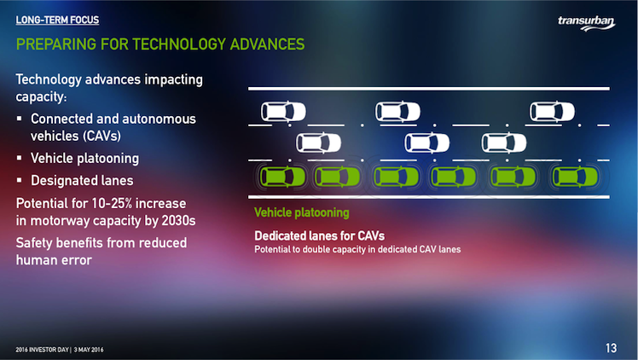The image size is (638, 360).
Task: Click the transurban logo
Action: pyautogui.click(x=586, y=23)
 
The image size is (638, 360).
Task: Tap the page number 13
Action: pyautogui.click(x=612, y=348)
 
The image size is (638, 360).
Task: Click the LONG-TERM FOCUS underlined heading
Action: pyautogui.click(x=57, y=20)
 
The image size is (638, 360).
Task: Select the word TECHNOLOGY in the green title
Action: pyautogui.click(x=178, y=44)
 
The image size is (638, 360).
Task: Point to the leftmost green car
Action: pyautogui.click(x=283, y=177)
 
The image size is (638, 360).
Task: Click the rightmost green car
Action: pyautogui.click(x=576, y=177)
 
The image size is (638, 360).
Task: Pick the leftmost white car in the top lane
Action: pyautogui.click(x=283, y=112)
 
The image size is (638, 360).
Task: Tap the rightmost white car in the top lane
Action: pyautogui.click(x=552, y=112)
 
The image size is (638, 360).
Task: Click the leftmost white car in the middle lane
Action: pyautogui.click(x=319, y=142)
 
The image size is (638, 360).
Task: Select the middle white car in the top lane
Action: pyautogui.click(x=398, y=112)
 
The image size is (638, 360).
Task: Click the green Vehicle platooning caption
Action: pyautogui.click(x=301, y=212)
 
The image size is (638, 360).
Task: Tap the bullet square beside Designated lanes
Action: pyautogui.click(x=19, y=180)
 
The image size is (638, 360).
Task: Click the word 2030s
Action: pyautogui.click(x=178, y=220)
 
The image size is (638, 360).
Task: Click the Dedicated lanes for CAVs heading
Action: pyautogui.click(x=319, y=236)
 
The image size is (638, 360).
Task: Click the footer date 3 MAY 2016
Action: pyautogui.click(x=89, y=350)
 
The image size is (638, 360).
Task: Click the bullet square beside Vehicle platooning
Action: pyautogui.click(x=19, y=158)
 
